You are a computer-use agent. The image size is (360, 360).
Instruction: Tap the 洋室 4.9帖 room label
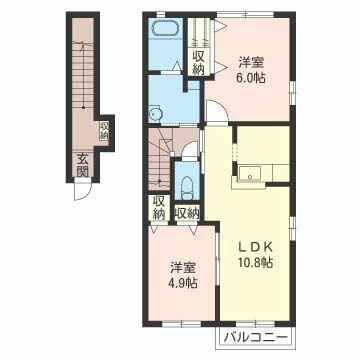tap(182, 275)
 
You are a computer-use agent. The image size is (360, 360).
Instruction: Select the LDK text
tap(254, 247)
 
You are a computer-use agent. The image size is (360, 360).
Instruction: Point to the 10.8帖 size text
tap(254, 263)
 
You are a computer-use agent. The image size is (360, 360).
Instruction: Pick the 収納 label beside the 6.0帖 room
tap(198, 63)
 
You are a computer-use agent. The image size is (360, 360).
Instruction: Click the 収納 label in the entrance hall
tap(104, 131)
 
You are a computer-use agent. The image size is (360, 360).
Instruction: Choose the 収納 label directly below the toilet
tap(187, 212)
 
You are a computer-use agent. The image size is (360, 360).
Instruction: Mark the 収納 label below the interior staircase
tap(159, 207)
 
